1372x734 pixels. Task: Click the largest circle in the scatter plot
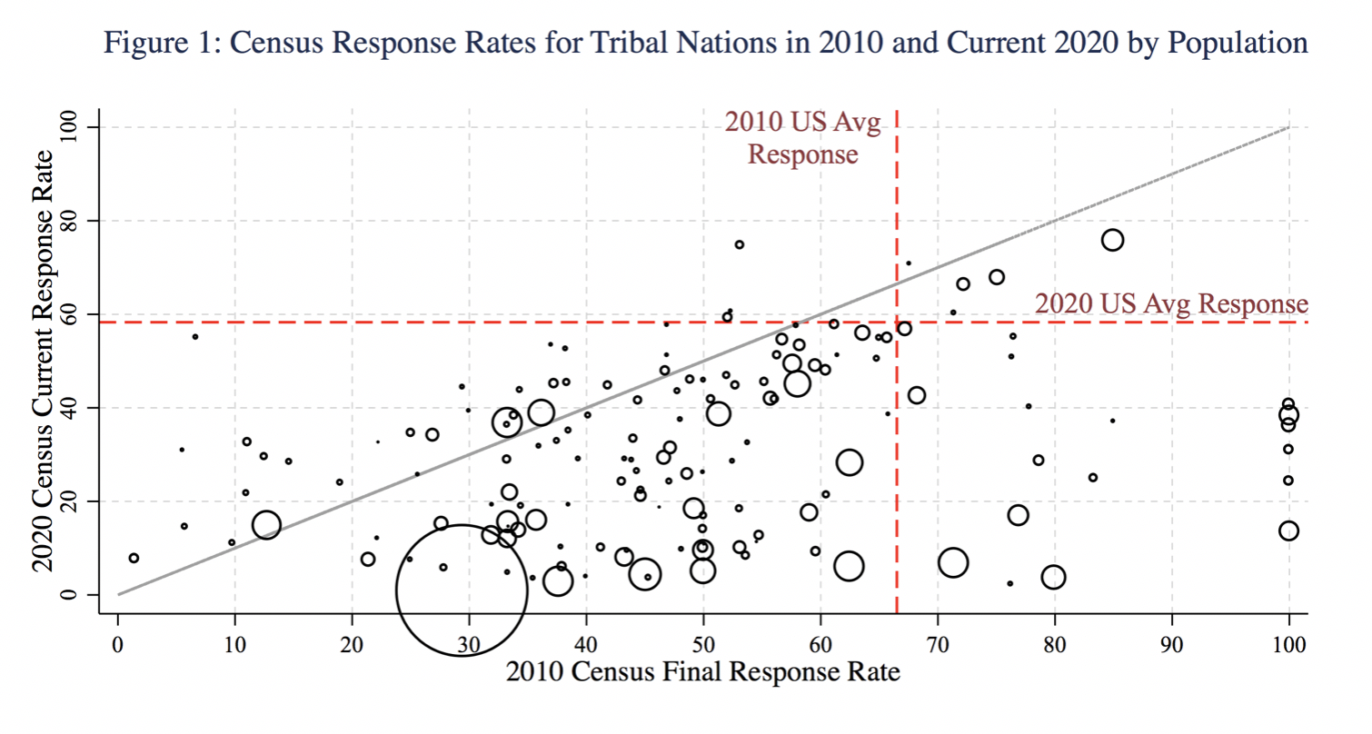(x=462, y=590)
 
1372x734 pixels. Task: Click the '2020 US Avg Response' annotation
(x=1171, y=303)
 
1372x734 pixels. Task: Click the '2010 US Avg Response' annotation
(x=802, y=138)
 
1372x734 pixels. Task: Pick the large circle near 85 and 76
(x=1112, y=240)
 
